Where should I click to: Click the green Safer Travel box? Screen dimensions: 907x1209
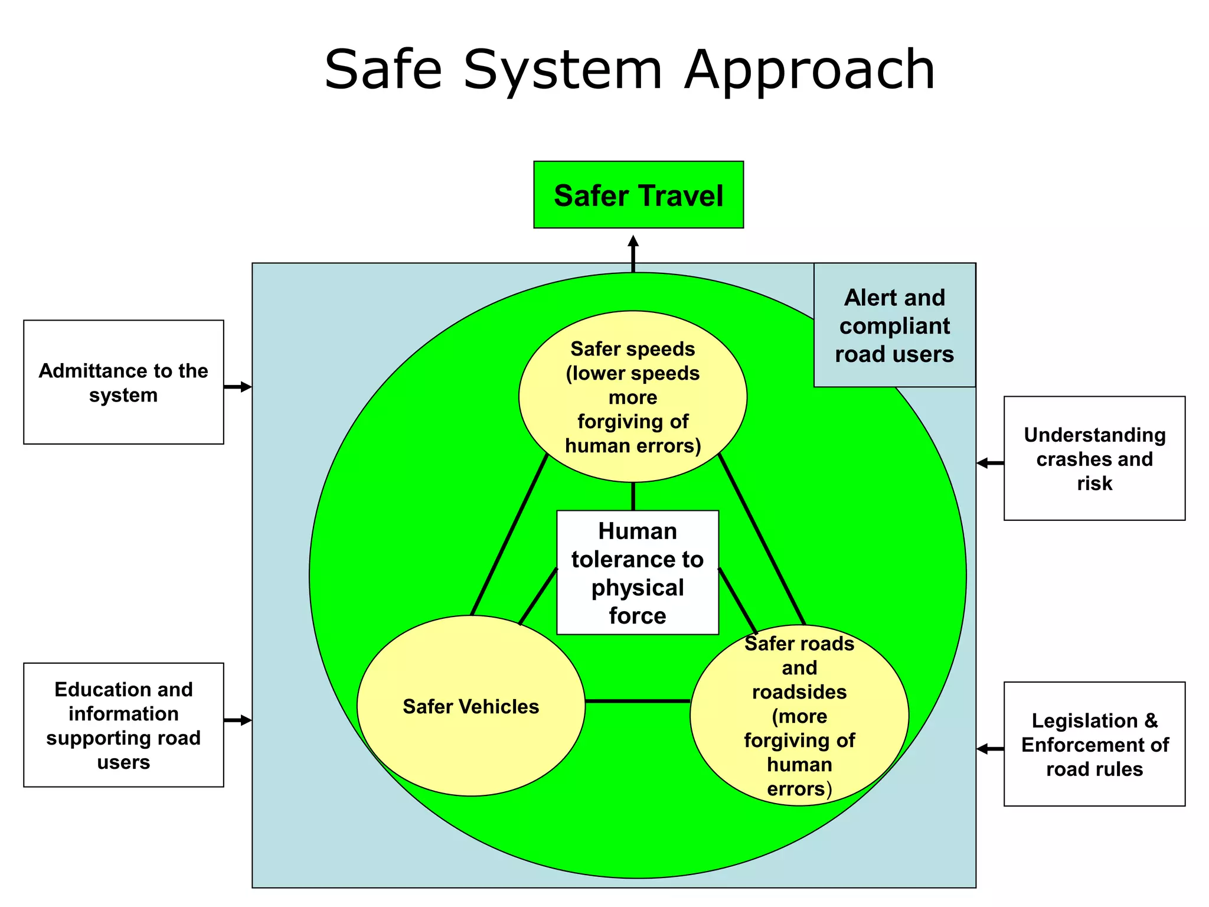(x=638, y=195)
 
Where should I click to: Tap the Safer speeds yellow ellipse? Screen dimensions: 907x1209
(x=633, y=396)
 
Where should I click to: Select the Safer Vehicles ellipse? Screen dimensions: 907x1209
(x=470, y=706)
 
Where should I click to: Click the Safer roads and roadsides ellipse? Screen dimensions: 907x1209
(x=799, y=715)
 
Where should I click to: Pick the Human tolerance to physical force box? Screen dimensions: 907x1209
(x=638, y=572)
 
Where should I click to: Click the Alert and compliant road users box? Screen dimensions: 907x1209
(x=894, y=325)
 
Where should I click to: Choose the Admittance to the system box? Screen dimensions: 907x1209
(x=123, y=382)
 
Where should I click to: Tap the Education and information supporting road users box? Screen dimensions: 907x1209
(x=123, y=725)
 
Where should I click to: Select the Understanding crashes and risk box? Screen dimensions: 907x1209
(x=1094, y=458)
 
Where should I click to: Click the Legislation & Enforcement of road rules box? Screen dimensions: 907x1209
(x=1094, y=744)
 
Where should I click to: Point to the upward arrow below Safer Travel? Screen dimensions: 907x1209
(x=633, y=254)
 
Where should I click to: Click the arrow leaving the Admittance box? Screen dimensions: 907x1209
(x=238, y=387)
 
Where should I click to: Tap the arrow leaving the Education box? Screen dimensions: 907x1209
(x=238, y=720)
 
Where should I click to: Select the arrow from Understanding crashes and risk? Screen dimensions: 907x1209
(x=990, y=463)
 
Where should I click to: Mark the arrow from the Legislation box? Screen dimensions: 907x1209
(x=990, y=749)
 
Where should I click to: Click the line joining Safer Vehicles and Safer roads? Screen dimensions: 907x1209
(x=638, y=701)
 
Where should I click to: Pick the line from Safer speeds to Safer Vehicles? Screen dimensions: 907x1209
(x=509, y=535)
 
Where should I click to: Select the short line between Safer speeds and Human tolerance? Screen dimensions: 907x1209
(x=633, y=497)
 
